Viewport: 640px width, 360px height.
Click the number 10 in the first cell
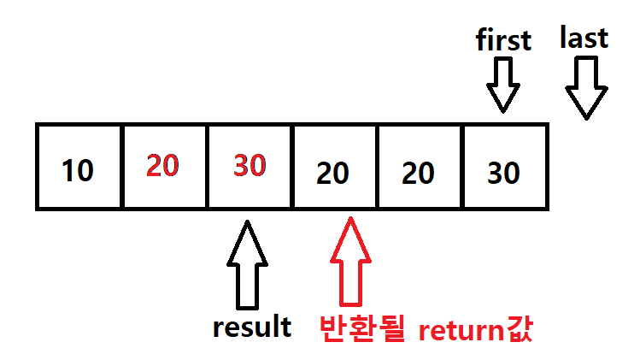point(78,172)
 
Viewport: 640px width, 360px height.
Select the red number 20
point(162,166)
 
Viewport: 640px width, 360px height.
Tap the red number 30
point(250,166)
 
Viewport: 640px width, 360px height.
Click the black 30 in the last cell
point(503,174)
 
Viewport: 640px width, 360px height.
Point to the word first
point(504,40)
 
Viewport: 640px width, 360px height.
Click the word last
point(584,38)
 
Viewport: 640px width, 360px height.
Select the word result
point(252,327)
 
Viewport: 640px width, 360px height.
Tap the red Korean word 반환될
point(361,329)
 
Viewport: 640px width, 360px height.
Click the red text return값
point(476,330)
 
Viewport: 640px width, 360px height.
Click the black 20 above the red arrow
point(333,174)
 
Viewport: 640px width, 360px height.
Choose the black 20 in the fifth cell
point(419,174)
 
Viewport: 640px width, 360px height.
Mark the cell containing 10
point(79,166)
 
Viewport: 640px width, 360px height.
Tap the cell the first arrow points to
point(504,166)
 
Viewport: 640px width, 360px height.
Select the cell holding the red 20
point(164,166)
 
